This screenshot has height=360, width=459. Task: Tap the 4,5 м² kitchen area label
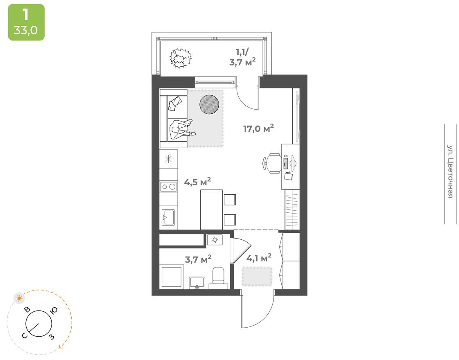tap(197, 182)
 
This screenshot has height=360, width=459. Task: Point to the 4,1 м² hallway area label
tap(259, 258)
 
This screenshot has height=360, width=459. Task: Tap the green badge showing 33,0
tap(26, 22)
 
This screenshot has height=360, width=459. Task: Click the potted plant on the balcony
tap(181, 58)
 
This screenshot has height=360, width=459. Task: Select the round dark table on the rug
tap(210, 104)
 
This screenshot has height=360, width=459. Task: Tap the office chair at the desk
tap(271, 163)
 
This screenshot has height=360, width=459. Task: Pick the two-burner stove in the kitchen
tap(168, 187)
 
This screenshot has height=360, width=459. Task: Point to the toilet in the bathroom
tap(219, 275)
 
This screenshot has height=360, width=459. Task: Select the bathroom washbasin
tap(197, 282)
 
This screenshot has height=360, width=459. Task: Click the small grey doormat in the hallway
tap(257, 276)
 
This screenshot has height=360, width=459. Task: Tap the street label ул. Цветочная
tap(450, 171)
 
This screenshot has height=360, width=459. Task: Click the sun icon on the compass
tap(19, 298)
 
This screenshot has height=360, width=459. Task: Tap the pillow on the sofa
tap(175, 102)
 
